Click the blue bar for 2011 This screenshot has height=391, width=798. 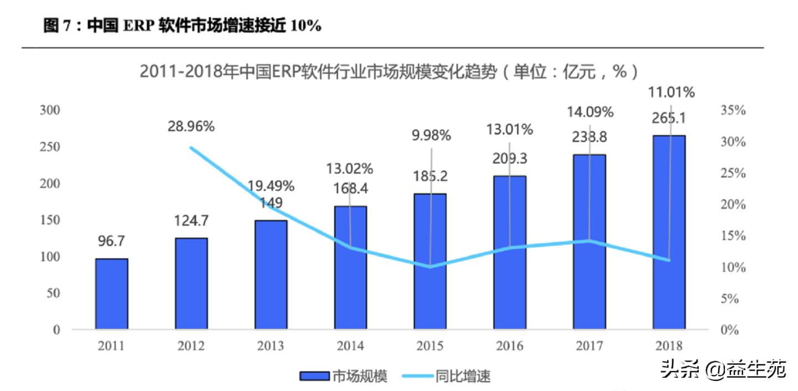click(111, 294)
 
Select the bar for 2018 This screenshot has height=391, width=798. click(669, 232)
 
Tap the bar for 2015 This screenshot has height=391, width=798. click(430, 261)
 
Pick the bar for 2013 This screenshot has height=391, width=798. click(271, 275)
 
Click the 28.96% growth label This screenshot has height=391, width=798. click(191, 126)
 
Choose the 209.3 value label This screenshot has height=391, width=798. click(510, 159)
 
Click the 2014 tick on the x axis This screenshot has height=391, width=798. click(350, 346)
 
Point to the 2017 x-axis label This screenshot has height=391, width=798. click(589, 346)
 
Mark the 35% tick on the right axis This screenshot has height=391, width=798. click(733, 110)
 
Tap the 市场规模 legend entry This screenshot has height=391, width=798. click(344, 377)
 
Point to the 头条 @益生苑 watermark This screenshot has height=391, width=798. click(723, 369)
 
